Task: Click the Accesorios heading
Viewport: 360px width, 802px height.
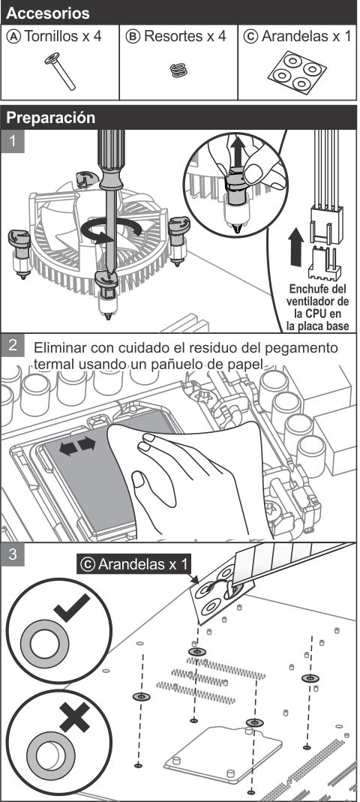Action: point(47,13)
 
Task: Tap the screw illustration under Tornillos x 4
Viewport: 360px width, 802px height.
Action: point(60,71)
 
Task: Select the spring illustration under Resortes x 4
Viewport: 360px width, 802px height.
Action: point(178,70)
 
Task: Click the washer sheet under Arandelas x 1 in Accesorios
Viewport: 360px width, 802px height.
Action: point(297,71)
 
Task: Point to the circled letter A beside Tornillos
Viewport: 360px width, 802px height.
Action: point(15,37)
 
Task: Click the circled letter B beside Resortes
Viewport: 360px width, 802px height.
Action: point(133,37)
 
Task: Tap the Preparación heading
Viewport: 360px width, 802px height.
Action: point(51,118)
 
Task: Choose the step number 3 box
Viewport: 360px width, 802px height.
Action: point(12,554)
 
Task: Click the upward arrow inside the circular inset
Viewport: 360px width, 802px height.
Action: point(236,149)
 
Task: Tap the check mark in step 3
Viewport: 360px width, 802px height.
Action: point(72,608)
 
